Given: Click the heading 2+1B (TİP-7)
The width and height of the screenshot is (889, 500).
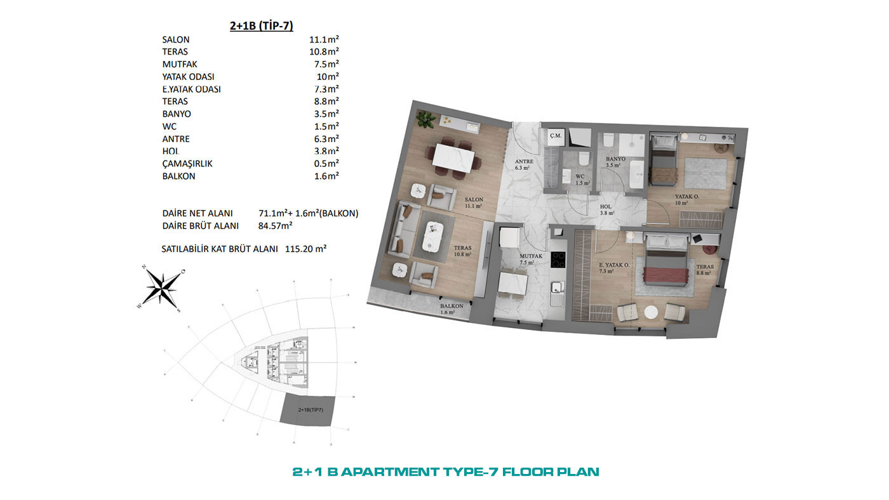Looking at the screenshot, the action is coord(262,26).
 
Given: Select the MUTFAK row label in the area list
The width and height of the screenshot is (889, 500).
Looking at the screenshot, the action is coord(179,64).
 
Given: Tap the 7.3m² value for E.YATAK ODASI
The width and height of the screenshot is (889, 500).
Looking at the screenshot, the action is coord(326,89).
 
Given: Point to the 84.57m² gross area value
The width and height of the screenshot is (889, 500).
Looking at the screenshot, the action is coord(276,226).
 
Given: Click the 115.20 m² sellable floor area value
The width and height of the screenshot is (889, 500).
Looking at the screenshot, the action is coord(305,249).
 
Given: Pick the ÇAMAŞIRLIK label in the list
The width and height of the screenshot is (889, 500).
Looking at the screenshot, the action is coord(187,164).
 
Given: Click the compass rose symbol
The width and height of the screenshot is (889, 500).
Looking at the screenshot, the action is coord(161,288).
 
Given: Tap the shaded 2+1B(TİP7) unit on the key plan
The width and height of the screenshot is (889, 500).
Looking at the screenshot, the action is coord(308,410).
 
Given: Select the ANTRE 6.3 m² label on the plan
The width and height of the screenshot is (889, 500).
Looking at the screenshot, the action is coord(524,164).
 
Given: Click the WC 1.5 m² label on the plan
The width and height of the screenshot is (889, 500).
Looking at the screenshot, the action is coord(582,180).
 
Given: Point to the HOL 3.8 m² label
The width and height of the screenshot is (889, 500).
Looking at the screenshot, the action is coord(606,210).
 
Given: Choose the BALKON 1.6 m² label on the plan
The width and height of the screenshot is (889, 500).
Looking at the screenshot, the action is coord(451,309).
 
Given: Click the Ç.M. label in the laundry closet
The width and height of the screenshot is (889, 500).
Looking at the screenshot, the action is coord(556,136).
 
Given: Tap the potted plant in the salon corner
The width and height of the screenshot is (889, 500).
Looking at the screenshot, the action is coord(425,119).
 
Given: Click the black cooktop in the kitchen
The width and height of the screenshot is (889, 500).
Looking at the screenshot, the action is coord(558,260).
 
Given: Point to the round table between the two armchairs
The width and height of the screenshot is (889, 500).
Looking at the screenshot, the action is coord(651,312).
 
